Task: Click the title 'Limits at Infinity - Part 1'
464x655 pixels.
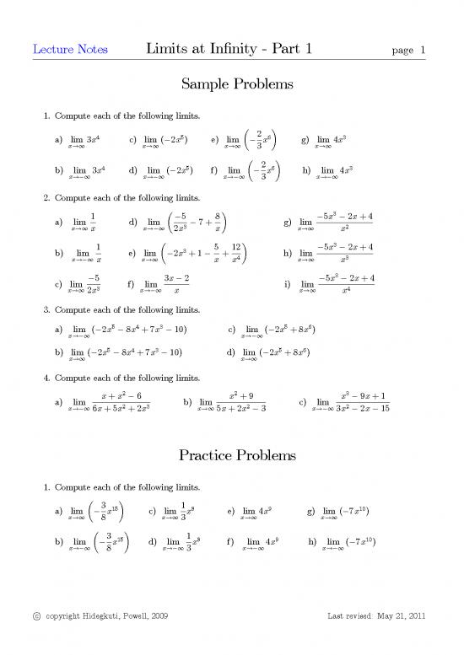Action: [x=230, y=49]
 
